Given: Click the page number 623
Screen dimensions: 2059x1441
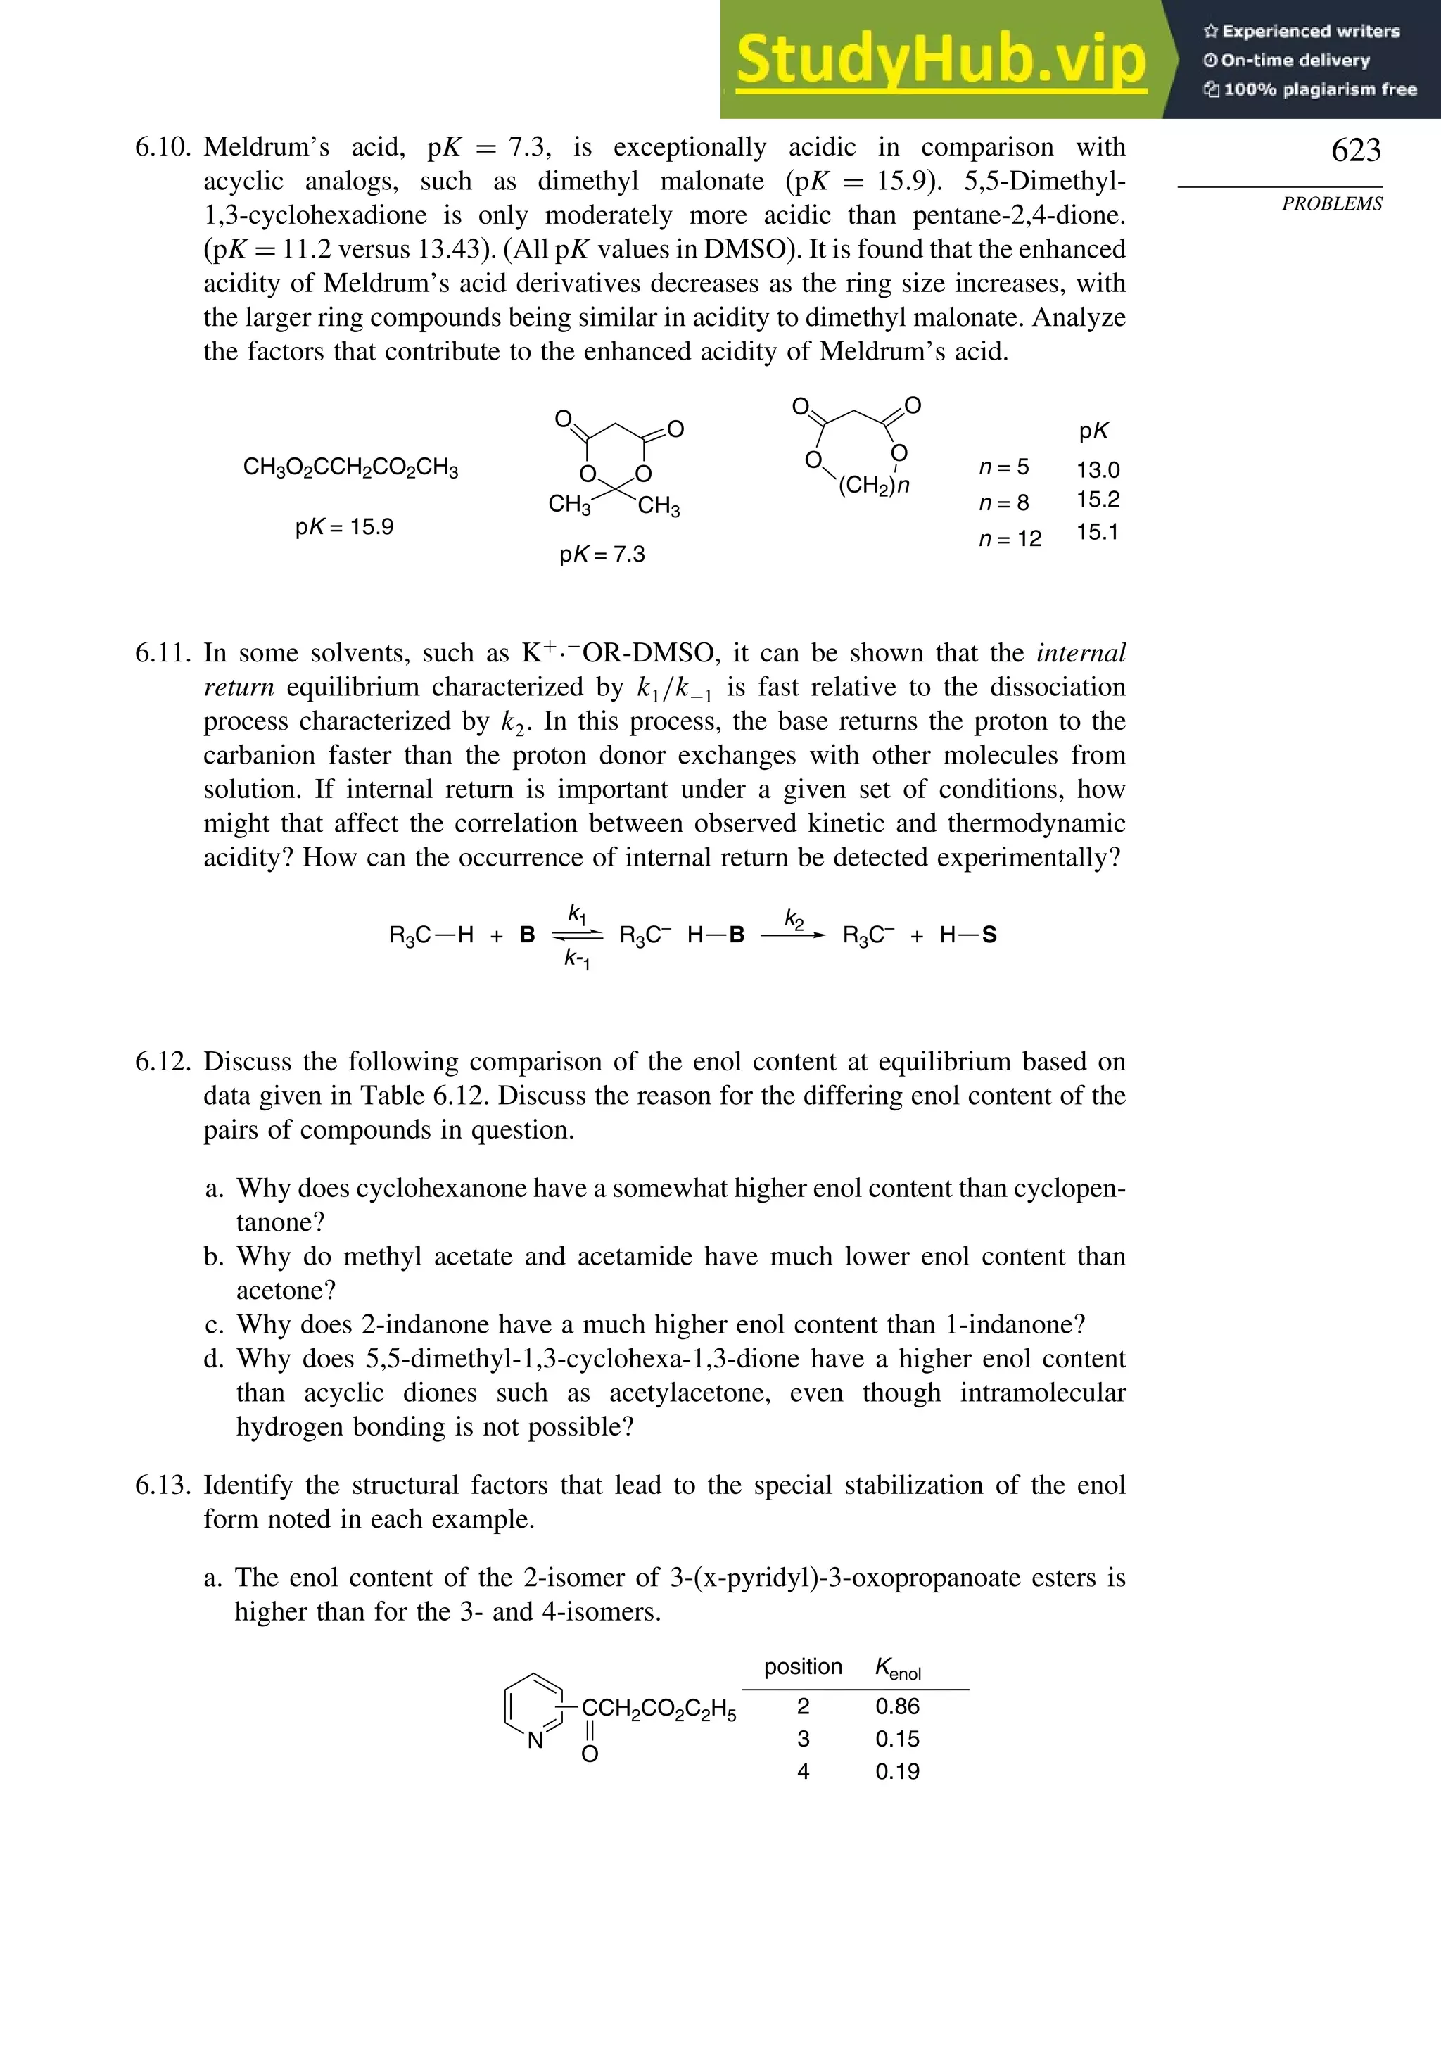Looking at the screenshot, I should coord(1355,150).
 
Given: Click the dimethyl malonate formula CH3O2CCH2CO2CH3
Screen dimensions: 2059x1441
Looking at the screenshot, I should coord(350,468).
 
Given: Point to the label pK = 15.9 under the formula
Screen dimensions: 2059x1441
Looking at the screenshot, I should coord(344,526).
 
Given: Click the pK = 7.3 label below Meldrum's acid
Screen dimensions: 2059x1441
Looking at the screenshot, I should coord(602,555).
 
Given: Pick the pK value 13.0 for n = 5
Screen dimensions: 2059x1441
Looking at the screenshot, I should coord(1098,470).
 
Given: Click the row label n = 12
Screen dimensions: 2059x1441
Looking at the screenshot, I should coord(1009,539).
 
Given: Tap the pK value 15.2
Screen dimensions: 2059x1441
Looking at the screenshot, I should coord(1098,500).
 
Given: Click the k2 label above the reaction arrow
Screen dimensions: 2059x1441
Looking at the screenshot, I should coord(794,918).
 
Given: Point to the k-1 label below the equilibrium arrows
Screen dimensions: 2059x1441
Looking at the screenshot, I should coord(576,958).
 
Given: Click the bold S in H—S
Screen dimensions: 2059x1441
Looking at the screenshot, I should coord(989,935).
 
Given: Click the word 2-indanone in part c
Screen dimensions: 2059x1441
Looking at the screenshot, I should coord(442,1324).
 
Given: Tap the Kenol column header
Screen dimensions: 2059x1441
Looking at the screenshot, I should coord(898,1668).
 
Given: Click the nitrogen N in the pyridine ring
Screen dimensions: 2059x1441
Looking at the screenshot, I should coord(535,1742).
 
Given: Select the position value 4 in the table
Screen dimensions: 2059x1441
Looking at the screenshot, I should coord(803,1771).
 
